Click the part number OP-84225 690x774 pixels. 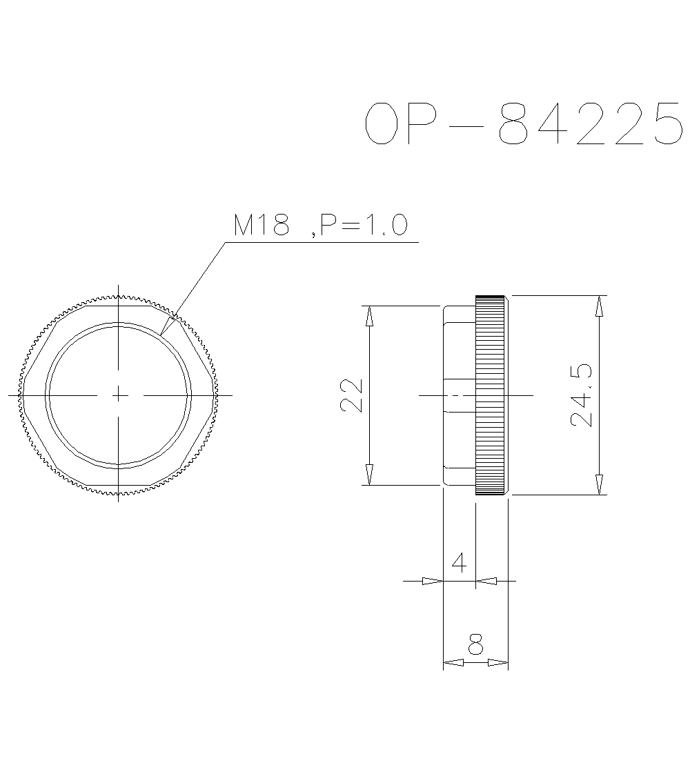524,123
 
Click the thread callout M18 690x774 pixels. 261,225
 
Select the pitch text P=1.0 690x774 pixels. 363,225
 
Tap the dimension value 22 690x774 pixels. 353,395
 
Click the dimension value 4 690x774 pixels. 459,562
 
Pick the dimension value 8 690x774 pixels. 475,645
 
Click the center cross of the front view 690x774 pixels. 119,395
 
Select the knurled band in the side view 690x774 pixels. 491,395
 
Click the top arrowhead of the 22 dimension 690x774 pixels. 370,316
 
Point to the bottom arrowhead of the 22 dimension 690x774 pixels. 370,475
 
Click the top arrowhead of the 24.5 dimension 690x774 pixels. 599,306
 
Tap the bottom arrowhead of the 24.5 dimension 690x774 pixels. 599,484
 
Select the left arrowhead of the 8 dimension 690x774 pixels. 453,663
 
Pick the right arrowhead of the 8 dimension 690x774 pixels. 497,663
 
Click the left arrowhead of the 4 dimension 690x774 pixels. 432,582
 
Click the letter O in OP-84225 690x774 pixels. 382,123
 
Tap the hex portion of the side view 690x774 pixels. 458,395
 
